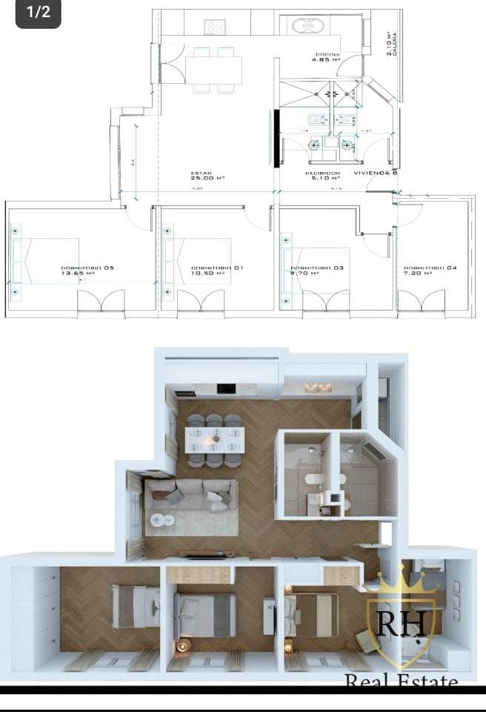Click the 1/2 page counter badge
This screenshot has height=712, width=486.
(x=38, y=13)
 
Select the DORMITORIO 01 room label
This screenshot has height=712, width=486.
(x=206, y=270)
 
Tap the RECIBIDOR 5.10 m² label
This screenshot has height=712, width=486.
(x=322, y=176)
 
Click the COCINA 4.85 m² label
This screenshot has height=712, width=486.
(x=327, y=58)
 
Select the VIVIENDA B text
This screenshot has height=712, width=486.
(x=376, y=173)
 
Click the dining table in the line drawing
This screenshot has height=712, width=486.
(x=213, y=70)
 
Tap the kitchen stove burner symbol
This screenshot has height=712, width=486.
(x=215, y=27)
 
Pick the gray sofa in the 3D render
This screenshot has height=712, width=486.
(x=191, y=495)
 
